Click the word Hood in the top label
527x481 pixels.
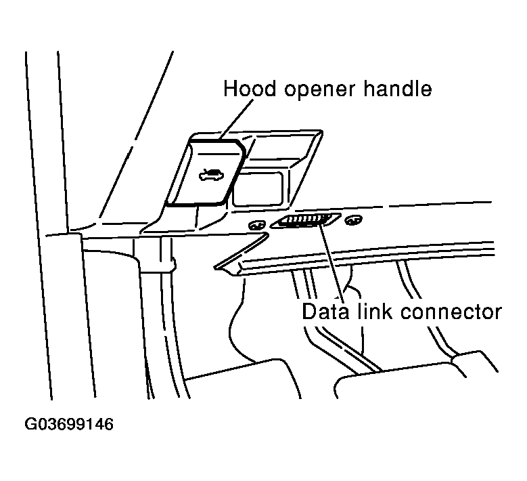coord(246,89)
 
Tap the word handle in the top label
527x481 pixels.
coord(397,89)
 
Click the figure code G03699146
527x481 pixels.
coord(70,424)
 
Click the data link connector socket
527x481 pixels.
coord(306,221)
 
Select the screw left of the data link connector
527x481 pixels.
coord(257,225)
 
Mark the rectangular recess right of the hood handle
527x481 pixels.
coord(257,188)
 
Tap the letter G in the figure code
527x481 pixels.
coord(31,424)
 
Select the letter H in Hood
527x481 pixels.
coord(230,89)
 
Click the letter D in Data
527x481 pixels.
coord(309,312)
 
